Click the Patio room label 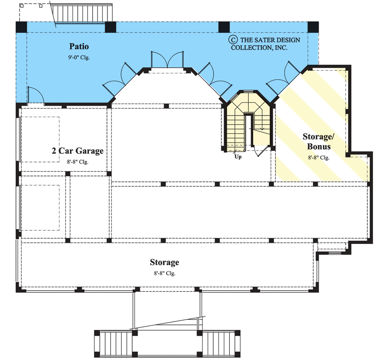point(79,46)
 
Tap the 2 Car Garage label point(77,151)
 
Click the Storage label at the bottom point(165,262)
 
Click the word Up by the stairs point(237,157)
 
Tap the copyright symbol point(233,39)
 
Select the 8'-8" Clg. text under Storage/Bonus point(319,158)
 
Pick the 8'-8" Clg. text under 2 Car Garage point(77,162)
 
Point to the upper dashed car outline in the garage point(40,139)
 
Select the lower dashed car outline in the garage point(40,207)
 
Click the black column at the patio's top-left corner point(21,27)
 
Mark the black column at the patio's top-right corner point(313,27)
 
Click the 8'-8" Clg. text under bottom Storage point(165,273)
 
